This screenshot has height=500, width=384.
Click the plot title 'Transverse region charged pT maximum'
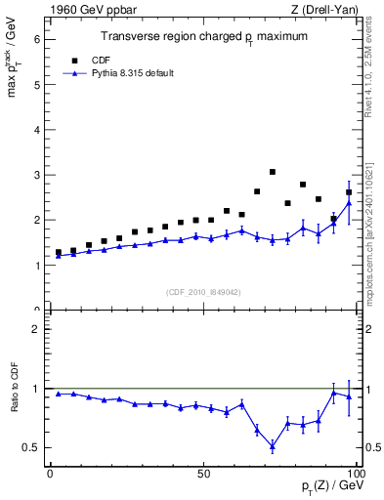click(205, 36)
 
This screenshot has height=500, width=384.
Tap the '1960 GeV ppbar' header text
click(87, 10)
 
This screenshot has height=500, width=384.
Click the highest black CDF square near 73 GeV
click(273, 172)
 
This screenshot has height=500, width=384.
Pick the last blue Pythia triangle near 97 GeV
click(349, 203)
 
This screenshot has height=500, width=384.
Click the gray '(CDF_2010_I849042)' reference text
click(203, 291)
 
